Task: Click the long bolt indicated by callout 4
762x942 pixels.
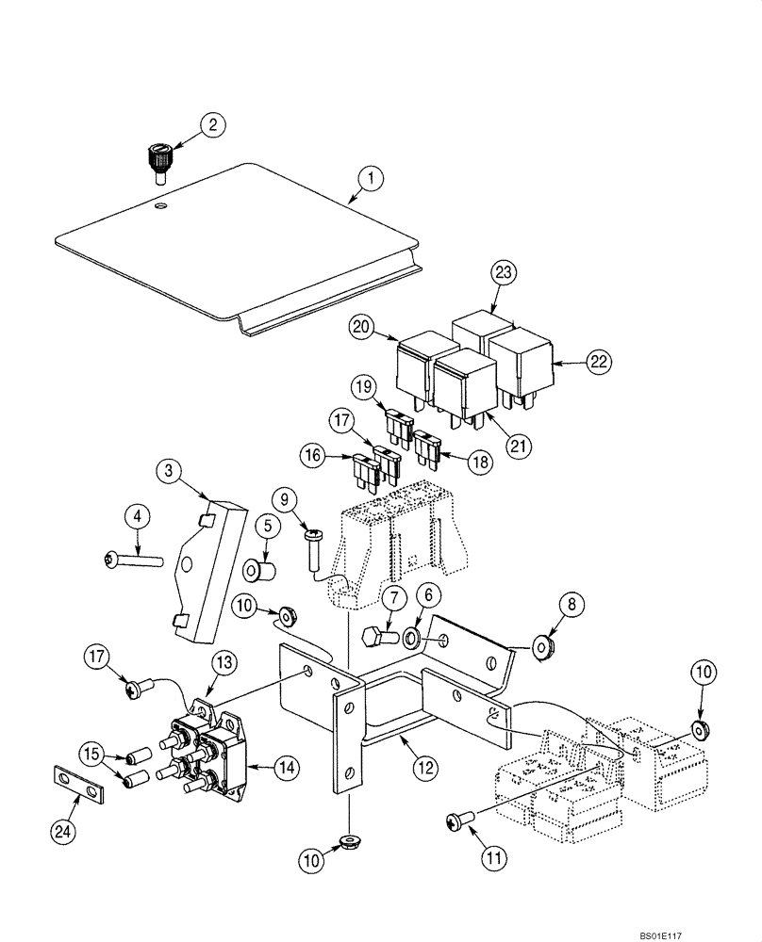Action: pos(135,560)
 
